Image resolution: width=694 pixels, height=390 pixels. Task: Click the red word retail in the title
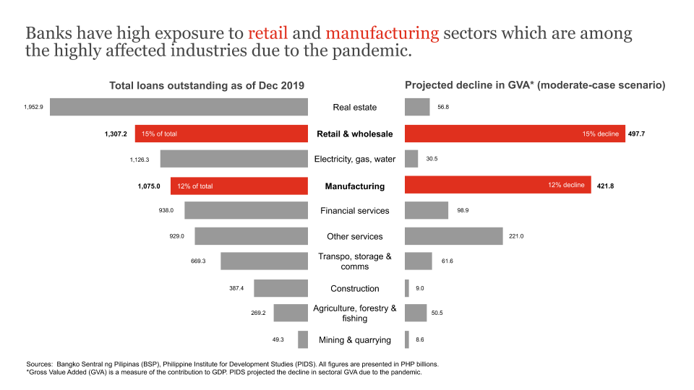[267, 33]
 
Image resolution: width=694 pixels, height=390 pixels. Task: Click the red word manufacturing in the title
[382, 33]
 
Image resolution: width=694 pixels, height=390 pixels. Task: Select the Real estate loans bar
[179, 107]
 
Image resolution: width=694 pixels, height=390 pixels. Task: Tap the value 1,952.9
[33, 107]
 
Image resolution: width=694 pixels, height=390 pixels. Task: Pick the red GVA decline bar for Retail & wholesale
[515, 134]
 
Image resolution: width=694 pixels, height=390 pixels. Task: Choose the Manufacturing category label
[355, 186]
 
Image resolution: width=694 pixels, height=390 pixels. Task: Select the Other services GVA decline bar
[453, 236]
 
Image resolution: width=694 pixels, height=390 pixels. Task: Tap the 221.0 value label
[516, 236]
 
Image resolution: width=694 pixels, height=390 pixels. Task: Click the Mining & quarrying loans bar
[303, 339]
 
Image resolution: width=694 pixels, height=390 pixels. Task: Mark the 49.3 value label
[278, 339]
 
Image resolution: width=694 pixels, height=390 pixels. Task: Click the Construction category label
[355, 288]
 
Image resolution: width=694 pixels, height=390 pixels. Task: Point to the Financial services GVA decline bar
[427, 210]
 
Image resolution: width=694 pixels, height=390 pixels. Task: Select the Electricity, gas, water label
[355, 159]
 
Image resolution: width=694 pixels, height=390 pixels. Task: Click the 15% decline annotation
[600, 134]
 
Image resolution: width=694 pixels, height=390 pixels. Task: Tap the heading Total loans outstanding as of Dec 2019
[206, 85]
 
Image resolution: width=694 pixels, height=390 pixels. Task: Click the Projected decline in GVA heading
[534, 85]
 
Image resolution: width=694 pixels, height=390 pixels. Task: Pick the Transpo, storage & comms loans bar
[265, 261]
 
